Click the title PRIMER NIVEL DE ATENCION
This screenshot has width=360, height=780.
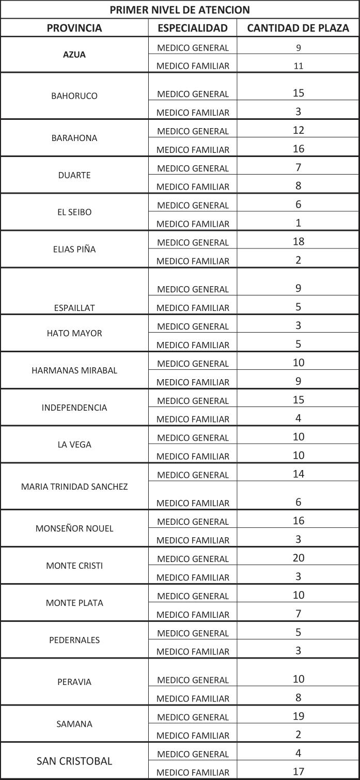[180, 9]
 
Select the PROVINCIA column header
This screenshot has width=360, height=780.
[74, 28]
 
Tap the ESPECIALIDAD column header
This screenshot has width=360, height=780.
[193, 28]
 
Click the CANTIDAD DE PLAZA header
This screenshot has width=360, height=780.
[298, 28]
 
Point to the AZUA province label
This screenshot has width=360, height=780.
[74, 55]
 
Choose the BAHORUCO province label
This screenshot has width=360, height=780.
[74, 96]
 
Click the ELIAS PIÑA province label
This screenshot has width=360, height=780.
[74, 249]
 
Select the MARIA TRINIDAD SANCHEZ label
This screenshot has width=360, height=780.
[74, 487]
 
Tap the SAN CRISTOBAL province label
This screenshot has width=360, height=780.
[74, 761]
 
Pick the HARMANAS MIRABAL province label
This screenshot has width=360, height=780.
[74, 370]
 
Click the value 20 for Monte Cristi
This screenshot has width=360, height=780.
[299, 558]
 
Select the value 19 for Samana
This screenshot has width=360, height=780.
[299, 716]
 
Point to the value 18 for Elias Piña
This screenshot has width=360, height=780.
[299, 242]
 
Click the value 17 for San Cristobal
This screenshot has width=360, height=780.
[299, 772]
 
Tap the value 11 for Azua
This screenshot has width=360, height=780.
[299, 66]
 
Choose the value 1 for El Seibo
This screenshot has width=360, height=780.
[299, 223]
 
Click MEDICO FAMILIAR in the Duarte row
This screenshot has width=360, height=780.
[193, 187]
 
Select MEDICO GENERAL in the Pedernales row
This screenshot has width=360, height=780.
[193, 633]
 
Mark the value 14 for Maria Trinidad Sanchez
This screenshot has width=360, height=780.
[299, 474]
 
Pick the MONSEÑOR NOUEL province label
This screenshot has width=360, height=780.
[74, 528]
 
